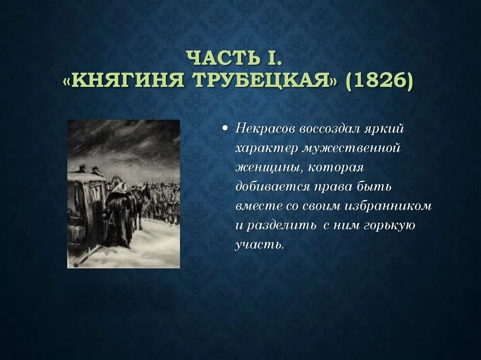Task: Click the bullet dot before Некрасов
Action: coord(226,129)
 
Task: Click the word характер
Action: coord(267,148)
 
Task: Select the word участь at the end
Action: coord(259,245)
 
